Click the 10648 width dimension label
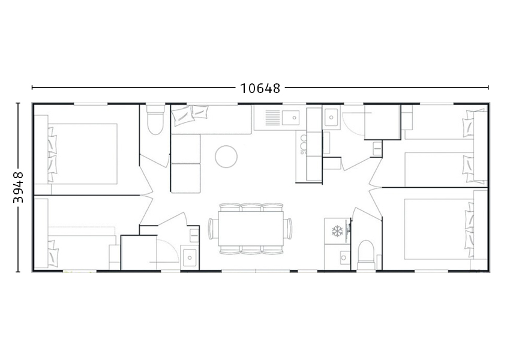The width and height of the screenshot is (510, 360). tap(260, 88)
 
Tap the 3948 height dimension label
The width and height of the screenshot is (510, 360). tap(18, 187)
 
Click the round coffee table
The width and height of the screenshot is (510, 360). tap(226, 157)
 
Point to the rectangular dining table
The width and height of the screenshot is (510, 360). tap(251, 228)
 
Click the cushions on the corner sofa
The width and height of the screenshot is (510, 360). tap(190, 113)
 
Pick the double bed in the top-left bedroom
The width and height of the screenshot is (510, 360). tap(83, 153)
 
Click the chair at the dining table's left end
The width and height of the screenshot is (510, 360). tap(212, 228)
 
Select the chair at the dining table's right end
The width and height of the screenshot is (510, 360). tap(290, 228)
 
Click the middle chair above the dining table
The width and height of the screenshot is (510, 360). tap(251, 207)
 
